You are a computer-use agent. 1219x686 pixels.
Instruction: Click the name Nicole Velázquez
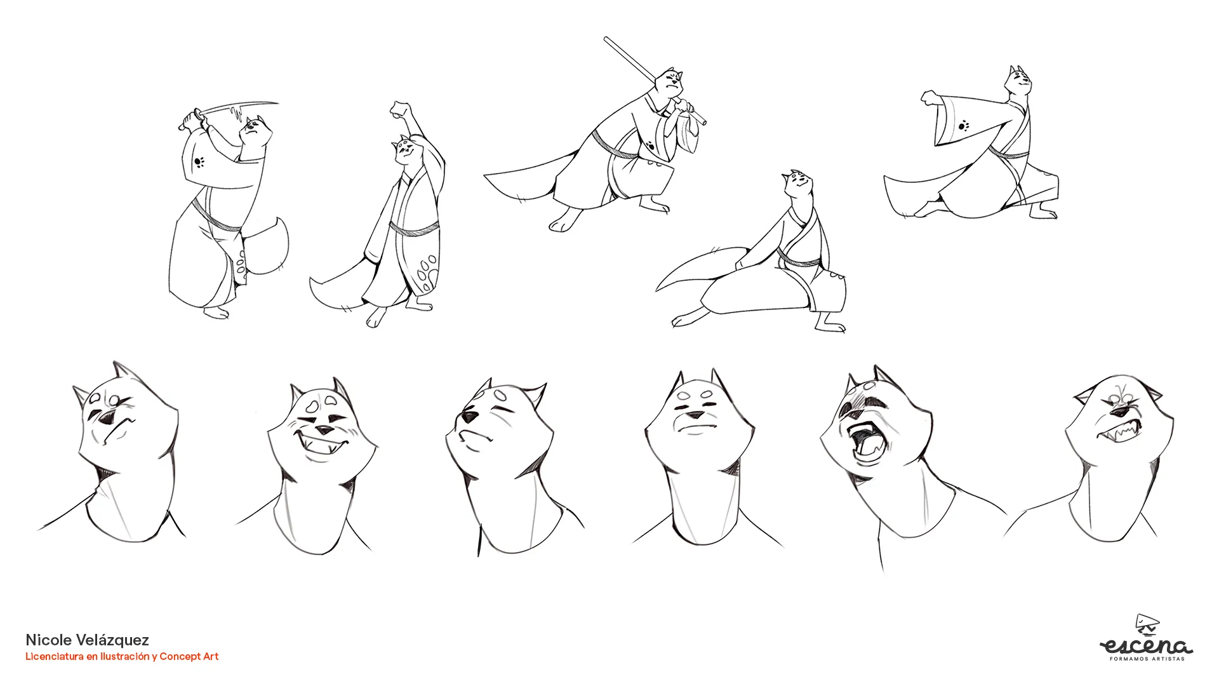click(x=87, y=640)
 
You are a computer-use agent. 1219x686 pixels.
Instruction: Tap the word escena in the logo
click(x=1147, y=646)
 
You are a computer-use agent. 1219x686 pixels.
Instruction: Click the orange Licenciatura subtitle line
click(x=122, y=656)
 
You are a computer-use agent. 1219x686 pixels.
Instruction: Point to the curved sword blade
click(x=238, y=109)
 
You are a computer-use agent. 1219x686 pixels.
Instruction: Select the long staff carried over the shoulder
click(x=654, y=79)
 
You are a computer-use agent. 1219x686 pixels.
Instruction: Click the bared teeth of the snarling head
click(x=1119, y=433)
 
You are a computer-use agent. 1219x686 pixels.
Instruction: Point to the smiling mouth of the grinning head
click(x=324, y=444)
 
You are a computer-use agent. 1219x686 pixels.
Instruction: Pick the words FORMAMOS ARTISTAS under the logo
click(x=1147, y=659)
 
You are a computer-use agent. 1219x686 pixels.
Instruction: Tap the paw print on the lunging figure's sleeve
click(x=964, y=125)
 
